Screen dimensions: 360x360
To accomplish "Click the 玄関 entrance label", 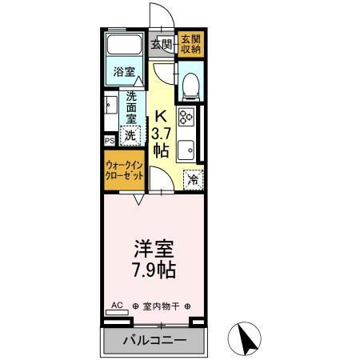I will click(x=162, y=44).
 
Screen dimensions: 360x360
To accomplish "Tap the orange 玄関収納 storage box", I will click(x=190, y=44).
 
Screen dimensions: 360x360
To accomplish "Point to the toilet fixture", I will click(x=190, y=84).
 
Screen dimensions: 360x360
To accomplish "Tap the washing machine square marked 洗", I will click(x=130, y=136).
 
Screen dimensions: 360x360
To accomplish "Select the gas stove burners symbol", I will click(x=188, y=118).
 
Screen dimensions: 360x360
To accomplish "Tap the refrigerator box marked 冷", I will click(x=192, y=180).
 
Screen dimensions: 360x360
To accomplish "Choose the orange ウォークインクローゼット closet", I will click(x=123, y=171).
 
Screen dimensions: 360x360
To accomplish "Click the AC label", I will click(x=117, y=306).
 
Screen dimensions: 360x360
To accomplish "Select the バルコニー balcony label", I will click(x=154, y=341).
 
